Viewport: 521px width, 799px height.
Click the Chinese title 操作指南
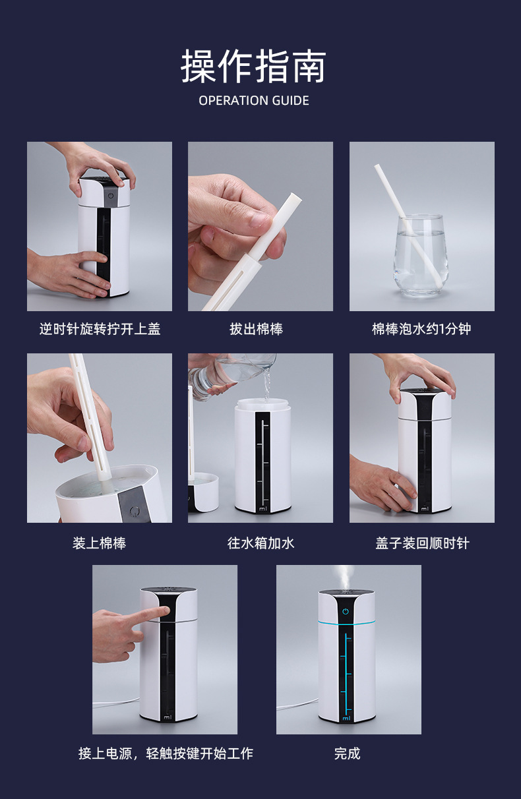pos(253,67)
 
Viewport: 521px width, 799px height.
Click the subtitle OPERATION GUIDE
pos(254,101)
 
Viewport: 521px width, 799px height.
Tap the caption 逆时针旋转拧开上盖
pos(100,329)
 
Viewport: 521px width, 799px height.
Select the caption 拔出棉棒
pos(257,329)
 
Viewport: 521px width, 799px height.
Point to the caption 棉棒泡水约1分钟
pos(421,329)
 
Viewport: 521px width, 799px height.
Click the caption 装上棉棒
pos(99,543)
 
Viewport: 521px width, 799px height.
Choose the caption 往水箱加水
pos(261,543)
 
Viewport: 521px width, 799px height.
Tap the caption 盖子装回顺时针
pos(422,543)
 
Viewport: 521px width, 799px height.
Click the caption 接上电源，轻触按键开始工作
pos(166,754)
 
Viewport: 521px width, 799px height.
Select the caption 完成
pos(347,754)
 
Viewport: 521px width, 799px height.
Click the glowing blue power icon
pos(345,612)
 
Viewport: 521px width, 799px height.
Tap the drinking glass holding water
pos(421,256)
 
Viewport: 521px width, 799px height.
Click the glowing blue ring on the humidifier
pos(346,622)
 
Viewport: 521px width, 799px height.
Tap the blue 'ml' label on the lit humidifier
pos(346,718)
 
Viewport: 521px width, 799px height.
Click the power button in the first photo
pos(111,196)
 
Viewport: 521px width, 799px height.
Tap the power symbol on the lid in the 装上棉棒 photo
pos(135,511)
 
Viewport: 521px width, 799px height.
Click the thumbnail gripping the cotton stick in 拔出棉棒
pos(259,220)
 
